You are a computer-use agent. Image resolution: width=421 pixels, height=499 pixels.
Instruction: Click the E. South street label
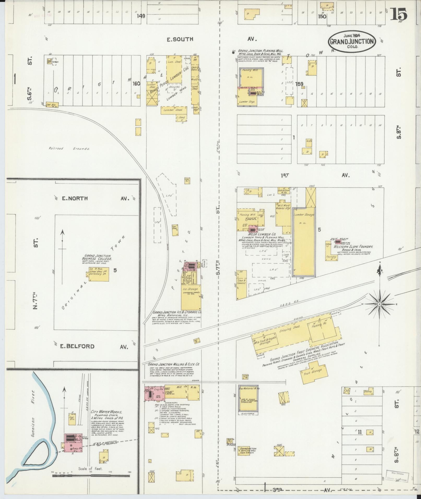tap(180, 39)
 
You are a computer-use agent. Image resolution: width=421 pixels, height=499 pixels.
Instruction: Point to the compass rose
tap(380, 304)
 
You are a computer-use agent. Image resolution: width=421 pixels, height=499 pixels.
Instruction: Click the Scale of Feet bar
tap(91, 476)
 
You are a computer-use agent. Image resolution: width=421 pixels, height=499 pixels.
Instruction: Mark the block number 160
tap(136, 84)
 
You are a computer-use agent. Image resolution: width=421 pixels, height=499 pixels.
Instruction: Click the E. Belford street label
tap(77, 346)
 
